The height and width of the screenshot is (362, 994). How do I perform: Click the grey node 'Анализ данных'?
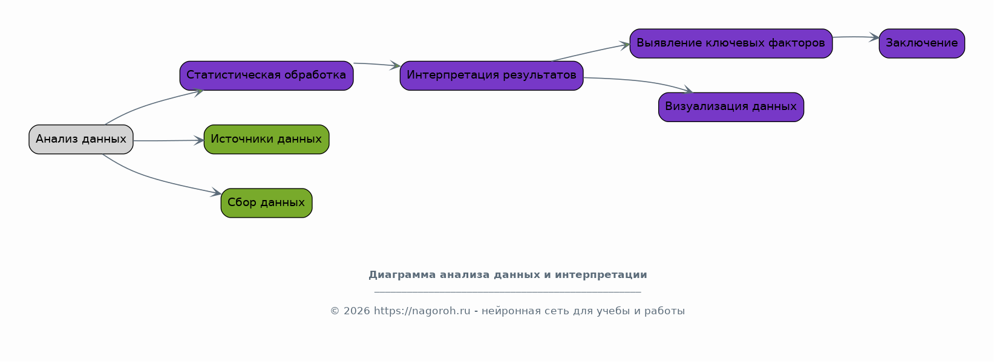(x=81, y=140)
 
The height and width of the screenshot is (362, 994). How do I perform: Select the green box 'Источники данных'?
(x=266, y=140)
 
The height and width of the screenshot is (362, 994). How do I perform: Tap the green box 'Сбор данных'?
(x=266, y=203)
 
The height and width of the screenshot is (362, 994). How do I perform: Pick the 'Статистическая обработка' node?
(x=266, y=76)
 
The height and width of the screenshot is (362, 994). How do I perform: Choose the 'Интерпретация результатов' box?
(x=491, y=76)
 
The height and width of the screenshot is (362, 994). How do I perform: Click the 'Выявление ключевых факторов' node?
(x=731, y=44)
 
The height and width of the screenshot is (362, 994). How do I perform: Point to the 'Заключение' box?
(x=921, y=44)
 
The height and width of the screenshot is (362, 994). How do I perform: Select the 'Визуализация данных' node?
(x=731, y=107)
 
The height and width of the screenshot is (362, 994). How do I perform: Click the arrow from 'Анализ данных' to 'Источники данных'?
(x=169, y=140)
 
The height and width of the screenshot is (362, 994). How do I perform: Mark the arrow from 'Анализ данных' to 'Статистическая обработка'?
(x=146, y=105)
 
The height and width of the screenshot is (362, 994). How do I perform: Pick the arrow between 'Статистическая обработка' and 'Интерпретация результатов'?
(x=377, y=65)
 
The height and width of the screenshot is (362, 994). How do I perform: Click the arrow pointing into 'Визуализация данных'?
(x=639, y=81)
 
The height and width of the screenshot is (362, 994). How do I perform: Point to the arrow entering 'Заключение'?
(x=856, y=37)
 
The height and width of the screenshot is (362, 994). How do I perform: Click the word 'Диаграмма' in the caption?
(x=402, y=275)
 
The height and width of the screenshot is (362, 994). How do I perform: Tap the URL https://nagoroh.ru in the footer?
(x=422, y=311)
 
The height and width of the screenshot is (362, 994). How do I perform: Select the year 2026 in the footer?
(x=357, y=311)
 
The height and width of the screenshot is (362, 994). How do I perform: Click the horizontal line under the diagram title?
(x=508, y=292)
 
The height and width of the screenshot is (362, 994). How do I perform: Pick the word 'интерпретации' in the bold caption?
(x=601, y=275)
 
